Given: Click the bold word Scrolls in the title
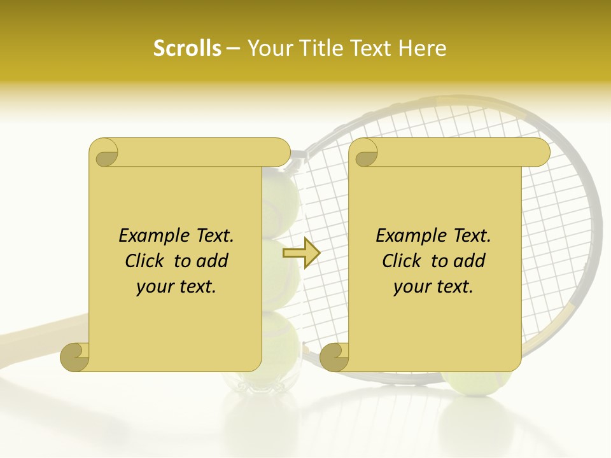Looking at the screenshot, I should pyautogui.click(x=188, y=48).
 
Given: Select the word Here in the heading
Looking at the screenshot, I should pyautogui.click(x=423, y=48).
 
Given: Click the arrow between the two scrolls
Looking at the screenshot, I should pyautogui.click(x=301, y=253).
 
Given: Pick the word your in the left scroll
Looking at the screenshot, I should pyautogui.click(x=153, y=287).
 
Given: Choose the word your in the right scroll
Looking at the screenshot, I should pyautogui.click(x=410, y=287).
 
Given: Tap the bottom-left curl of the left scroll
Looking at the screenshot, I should pyautogui.click(x=75, y=357).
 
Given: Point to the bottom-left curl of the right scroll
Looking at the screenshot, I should pyautogui.click(x=334, y=357).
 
